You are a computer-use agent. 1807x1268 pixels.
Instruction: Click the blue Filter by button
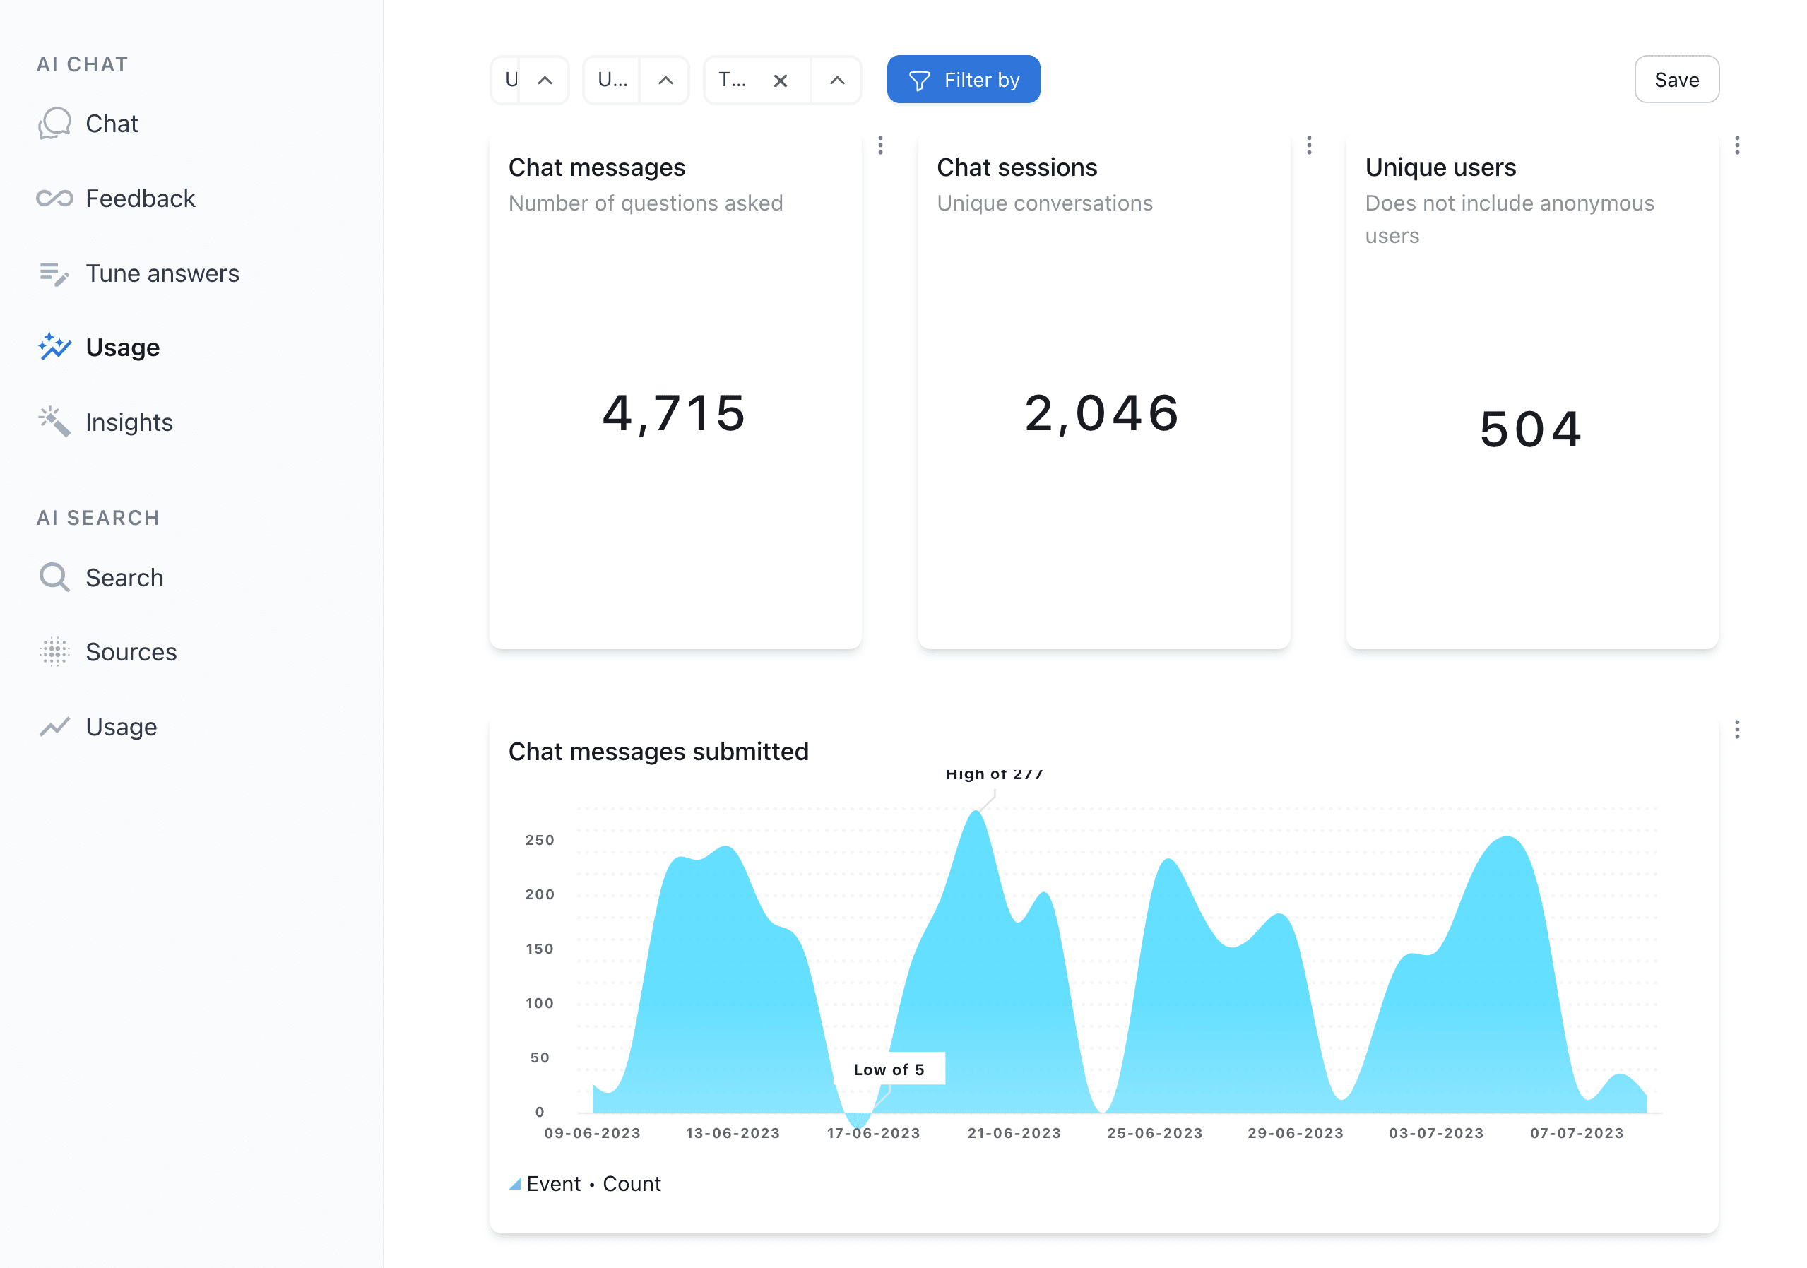pyautogui.click(x=963, y=80)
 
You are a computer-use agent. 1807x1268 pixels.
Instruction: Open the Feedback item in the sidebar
pyautogui.click(x=139, y=199)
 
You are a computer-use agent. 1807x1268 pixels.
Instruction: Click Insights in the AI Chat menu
pyautogui.click(x=129, y=422)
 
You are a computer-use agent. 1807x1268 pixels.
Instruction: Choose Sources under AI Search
pyautogui.click(x=131, y=652)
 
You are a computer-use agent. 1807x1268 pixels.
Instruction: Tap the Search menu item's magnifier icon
pyautogui.click(x=54, y=578)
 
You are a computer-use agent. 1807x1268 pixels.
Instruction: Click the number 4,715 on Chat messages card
pyautogui.click(x=674, y=413)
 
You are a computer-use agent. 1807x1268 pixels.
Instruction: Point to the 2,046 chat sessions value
pyautogui.click(x=1102, y=413)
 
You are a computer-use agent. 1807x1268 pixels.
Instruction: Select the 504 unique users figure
pyautogui.click(x=1531, y=429)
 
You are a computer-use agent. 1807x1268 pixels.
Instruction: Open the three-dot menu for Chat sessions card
pyautogui.click(x=1309, y=146)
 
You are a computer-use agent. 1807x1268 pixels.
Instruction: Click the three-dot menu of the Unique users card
pyautogui.click(x=1737, y=146)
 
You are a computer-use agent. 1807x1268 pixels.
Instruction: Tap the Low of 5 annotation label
pyautogui.click(x=889, y=1069)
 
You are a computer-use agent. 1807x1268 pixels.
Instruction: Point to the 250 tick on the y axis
pyautogui.click(x=539, y=840)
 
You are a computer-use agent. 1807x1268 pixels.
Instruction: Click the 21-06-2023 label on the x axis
pyautogui.click(x=1014, y=1132)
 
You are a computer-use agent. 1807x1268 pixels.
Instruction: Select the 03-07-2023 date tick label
pyautogui.click(x=1435, y=1132)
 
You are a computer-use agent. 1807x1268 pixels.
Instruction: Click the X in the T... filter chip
pyautogui.click(x=780, y=81)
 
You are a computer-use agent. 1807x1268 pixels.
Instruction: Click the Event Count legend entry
pyautogui.click(x=593, y=1184)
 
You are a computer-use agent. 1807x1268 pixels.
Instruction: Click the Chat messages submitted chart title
pyautogui.click(x=658, y=751)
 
